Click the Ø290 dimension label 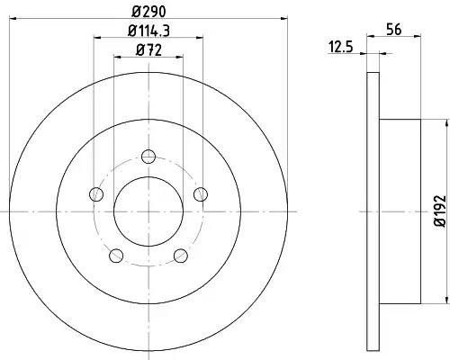click(x=148, y=12)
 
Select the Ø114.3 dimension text click(x=148, y=31)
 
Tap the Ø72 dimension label click(x=148, y=50)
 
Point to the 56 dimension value click(x=394, y=30)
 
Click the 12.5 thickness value click(x=341, y=48)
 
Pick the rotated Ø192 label click(x=440, y=211)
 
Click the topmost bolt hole click(x=148, y=157)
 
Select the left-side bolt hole click(x=96, y=194)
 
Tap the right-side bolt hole click(x=201, y=194)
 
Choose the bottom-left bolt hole click(x=116, y=256)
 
